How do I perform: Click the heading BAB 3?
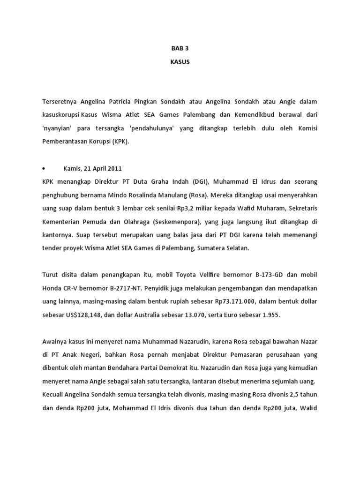click(x=180, y=48)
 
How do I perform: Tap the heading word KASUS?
click(x=180, y=62)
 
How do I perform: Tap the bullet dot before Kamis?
click(x=43, y=168)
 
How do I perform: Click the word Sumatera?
click(x=209, y=248)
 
